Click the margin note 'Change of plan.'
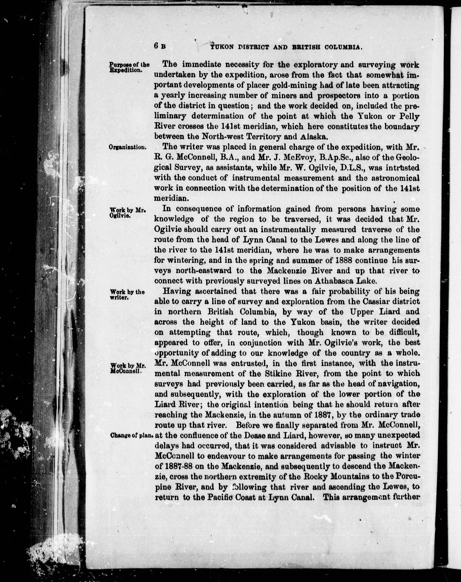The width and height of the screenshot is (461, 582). click(x=132, y=435)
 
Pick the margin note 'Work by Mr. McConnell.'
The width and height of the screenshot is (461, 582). click(x=128, y=368)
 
